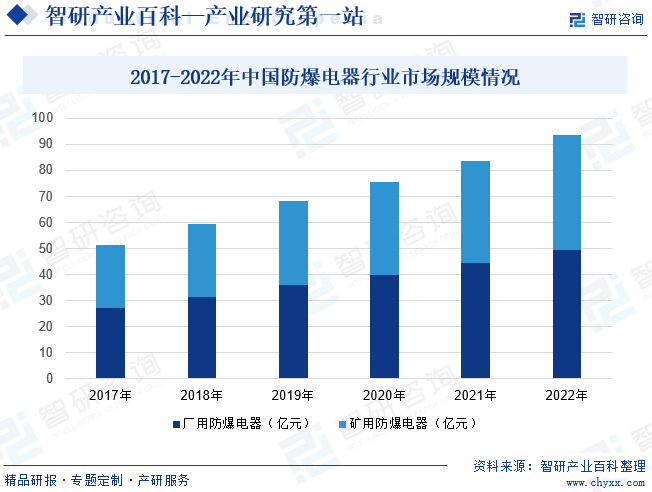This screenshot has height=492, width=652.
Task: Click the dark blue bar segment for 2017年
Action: click(x=110, y=343)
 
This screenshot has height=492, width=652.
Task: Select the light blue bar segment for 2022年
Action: click(x=566, y=192)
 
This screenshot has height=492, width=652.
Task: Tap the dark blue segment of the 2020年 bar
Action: click(x=384, y=327)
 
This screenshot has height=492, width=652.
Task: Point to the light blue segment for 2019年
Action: click(x=293, y=243)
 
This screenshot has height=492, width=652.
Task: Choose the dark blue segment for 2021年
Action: click(x=475, y=321)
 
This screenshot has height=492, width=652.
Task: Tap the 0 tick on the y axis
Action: click(x=49, y=379)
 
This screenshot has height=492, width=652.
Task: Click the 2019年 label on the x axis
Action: click(x=293, y=396)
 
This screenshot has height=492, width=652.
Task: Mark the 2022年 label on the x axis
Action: click(x=566, y=396)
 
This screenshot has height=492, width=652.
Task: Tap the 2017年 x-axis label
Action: click(x=110, y=396)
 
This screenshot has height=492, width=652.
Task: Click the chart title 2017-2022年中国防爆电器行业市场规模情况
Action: click(x=325, y=77)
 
